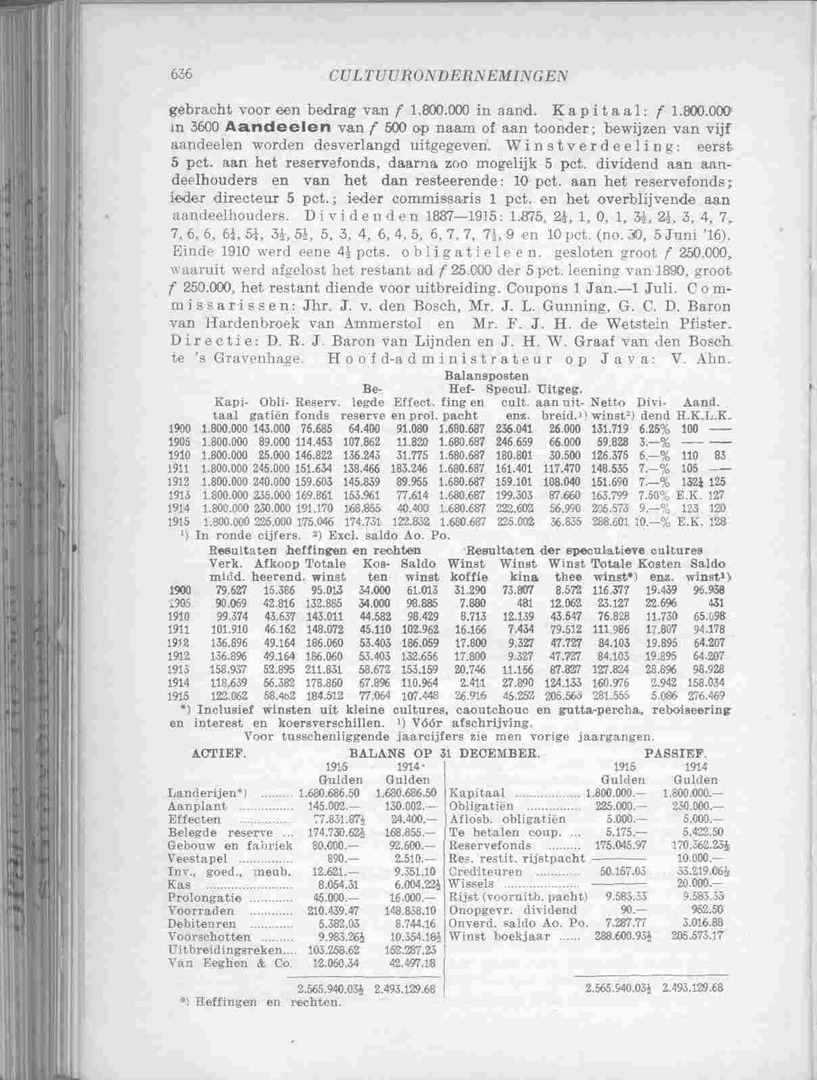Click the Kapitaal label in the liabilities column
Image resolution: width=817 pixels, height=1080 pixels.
[x=477, y=792]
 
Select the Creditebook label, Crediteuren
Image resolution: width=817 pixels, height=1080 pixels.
[x=486, y=872]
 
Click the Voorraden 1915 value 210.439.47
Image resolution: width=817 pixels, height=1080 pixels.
[x=318, y=911]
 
